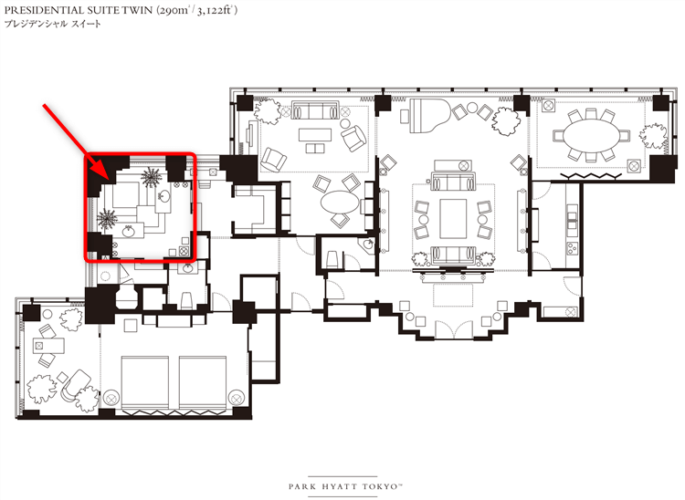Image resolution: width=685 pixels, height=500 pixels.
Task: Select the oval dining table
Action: tap(591, 136)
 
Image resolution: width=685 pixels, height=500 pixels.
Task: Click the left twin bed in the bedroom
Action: tap(144, 383)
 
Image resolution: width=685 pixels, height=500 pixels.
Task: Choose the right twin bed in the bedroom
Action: tap(202, 383)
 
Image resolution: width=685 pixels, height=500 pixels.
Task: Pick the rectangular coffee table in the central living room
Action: tap(453, 218)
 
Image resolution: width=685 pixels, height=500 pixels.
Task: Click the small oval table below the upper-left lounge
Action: tap(340, 202)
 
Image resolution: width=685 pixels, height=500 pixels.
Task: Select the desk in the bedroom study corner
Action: tap(49, 346)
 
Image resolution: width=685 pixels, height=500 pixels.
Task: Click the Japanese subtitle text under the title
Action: tap(52, 24)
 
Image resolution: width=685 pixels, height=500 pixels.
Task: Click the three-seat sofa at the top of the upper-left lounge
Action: tap(315, 110)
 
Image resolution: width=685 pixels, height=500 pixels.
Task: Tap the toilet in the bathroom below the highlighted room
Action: tap(187, 299)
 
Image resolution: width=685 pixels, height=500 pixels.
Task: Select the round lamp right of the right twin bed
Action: tap(237, 398)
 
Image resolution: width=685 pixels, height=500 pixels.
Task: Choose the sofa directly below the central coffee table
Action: tap(453, 255)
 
